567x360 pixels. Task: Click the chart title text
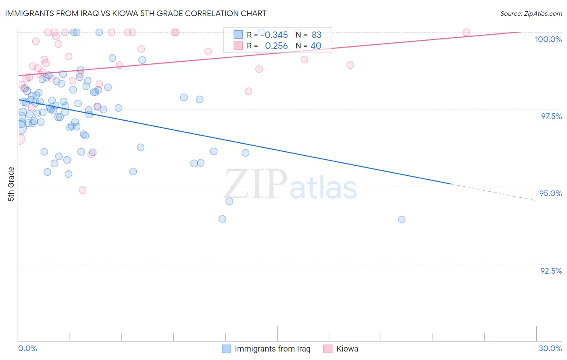135,13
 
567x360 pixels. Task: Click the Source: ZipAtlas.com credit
531,14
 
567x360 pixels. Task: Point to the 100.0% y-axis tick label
548,39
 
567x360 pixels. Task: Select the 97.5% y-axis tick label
551,116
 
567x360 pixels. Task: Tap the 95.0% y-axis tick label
550,193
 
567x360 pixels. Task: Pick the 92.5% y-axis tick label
551,271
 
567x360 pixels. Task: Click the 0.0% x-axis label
28,348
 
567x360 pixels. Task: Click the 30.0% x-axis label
550,348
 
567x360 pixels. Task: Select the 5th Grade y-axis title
11,184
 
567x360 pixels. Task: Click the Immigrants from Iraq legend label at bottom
273,349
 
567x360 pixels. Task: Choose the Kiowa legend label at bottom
347,349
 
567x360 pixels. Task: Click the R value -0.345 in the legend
275,35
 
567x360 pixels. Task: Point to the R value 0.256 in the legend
276,46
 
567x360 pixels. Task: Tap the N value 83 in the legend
316,35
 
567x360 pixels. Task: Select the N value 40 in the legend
316,46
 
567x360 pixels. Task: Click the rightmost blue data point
402,220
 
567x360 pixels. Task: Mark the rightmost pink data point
466,32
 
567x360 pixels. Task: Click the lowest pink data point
83,190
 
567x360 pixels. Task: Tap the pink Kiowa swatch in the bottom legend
327,349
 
